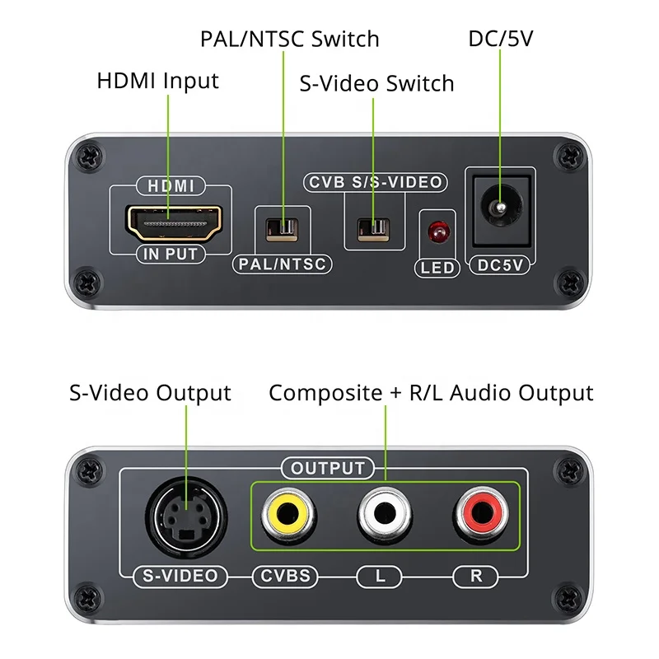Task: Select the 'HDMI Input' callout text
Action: (158, 82)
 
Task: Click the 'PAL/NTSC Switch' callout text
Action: (290, 39)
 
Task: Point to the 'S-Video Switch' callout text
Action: (376, 83)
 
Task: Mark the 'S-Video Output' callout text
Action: (150, 393)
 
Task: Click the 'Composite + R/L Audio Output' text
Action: (431, 393)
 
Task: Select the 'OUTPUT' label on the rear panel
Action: (328, 469)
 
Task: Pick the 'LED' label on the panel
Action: (437, 268)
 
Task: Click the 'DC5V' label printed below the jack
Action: (501, 265)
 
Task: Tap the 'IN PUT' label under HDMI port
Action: (171, 255)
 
